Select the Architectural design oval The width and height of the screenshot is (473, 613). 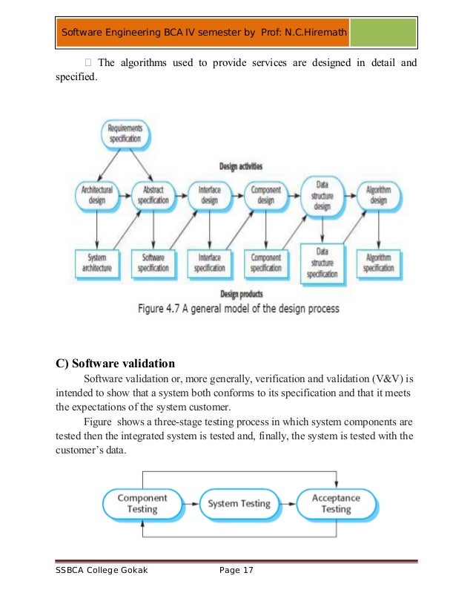click(x=96, y=195)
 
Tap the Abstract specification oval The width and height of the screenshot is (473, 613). click(x=153, y=195)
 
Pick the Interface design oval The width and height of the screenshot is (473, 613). click(x=209, y=195)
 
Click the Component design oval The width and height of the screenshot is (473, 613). click(x=265, y=195)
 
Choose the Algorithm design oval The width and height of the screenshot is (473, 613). click(x=379, y=195)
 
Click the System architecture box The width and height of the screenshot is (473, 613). click(x=96, y=263)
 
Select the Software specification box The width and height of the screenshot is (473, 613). click(x=153, y=263)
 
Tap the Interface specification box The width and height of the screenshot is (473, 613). click(x=209, y=263)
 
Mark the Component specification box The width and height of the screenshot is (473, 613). click(x=265, y=263)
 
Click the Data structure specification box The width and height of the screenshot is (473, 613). click(x=322, y=263)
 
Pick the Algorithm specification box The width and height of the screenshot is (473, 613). click(x=379, y=263)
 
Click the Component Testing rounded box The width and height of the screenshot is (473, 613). click(x=142, y=504)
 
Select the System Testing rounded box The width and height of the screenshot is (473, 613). click(x=239, y=504)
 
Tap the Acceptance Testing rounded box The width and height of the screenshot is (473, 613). click(x=336, y=504)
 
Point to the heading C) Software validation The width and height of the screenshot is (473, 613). click(x=116, y=364)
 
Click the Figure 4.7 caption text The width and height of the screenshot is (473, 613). click(x=239, y=308)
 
